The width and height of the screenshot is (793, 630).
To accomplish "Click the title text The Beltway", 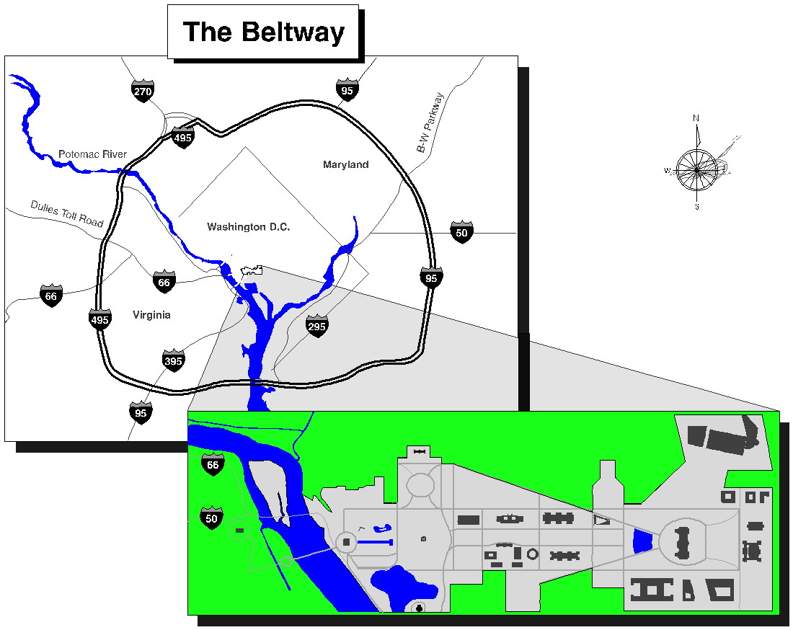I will pyautogui.click(x=263, y=32).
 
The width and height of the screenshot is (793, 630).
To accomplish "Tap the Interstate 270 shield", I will pyautogui.click(x=143, y=92).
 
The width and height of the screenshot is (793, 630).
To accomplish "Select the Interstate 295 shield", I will pyautogui.click(x=316, y=327).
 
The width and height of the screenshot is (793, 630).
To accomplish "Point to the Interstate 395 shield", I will pyautogui.click(x=174, y=361).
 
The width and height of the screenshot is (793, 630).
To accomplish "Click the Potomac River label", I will pyautogui.click(x=92, y=154).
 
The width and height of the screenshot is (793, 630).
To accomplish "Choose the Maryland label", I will pyautogui.click(x=345, y=165).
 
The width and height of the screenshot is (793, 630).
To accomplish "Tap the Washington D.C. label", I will pyautogui.click(x=248, y=227).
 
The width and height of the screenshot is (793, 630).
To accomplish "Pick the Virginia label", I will pyautogui.click(x=151, y=315).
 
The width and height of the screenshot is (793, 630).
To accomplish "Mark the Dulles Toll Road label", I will pyautogui.click(x=67, y=213).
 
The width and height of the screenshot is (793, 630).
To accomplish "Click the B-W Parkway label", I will pyautogui.click(x=432, y=122).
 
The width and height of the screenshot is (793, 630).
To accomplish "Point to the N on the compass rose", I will pyautogui.click(x=696, y=117).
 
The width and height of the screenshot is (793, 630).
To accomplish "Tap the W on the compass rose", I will pyautogui.click(x=668, y=171).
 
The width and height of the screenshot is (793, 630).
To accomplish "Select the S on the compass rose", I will pyautogui.click(x=697, y=207).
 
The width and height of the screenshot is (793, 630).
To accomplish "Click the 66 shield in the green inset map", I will pyautogui.click(x=212, y=465).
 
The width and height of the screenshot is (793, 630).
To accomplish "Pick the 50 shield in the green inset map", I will pyautogui.click(x=212, y=518).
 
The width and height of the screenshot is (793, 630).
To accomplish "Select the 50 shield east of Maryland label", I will pyautogui.click(x=461, y=233).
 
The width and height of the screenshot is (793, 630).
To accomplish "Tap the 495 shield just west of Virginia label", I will pyautogui.click(x=99, y=319).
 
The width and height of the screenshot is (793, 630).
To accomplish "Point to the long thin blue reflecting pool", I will pyautogui.click(x=375, y=541).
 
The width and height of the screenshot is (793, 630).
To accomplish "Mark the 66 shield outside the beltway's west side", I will pyautogui.click(x=50, y=296).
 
